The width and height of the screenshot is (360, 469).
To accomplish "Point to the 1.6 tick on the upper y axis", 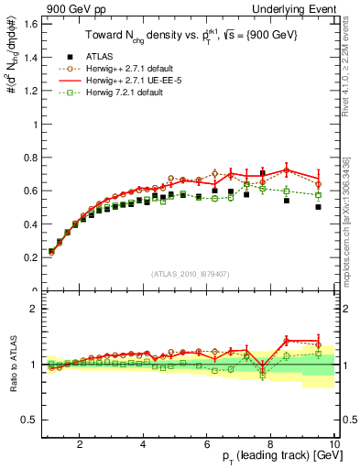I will click(31, 24).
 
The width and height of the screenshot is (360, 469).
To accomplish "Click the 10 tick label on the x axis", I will click(335, 445).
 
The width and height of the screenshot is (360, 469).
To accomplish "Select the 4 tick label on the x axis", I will click(144, 445).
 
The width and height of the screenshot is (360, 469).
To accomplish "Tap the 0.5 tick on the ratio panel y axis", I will click(31, 420).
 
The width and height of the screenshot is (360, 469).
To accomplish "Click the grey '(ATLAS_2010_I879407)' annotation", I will click(190, 274).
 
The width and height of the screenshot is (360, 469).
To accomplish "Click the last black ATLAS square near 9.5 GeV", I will click(318, 207).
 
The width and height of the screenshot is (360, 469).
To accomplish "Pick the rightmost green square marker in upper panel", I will click(318, 195).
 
